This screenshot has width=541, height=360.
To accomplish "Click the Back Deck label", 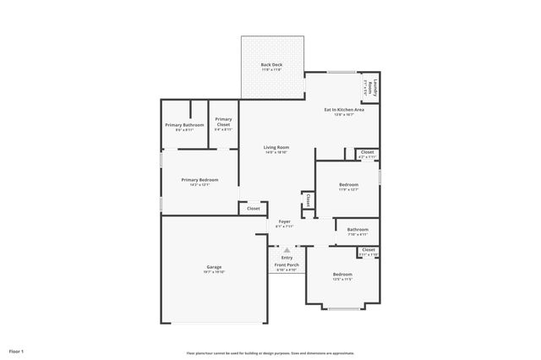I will click(x=271, y=65).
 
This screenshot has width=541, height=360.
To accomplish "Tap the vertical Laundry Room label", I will click(x=370, y=87).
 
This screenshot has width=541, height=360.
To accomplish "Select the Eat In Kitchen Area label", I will click(x=345, y=110).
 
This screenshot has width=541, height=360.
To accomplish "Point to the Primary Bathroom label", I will click(x=184, y=124).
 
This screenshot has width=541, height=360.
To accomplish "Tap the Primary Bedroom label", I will click(x=199, y=179).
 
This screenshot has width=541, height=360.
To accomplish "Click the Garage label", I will click(x=213, y=267).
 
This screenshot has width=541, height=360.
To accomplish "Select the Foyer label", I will click(x=284, y=221).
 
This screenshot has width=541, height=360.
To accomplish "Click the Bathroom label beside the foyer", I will click(x=358, y=229).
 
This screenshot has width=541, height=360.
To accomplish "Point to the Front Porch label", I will click(x=287, y=265).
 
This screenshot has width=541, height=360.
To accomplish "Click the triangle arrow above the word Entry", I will click(x=287, y=250).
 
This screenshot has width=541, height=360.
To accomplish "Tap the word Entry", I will click(x=287, y=258).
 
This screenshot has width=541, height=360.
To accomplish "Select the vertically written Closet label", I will click(x=309, y=200).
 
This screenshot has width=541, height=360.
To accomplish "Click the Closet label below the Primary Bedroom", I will click(x=254, y=208).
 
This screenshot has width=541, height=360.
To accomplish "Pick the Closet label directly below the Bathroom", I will click(x=368, y=250).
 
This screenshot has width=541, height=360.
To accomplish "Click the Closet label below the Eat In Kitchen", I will click(x=367, y=152).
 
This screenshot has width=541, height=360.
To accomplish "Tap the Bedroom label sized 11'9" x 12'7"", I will click(x=348, y=184).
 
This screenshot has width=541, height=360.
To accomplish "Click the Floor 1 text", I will click(x=17, y=350).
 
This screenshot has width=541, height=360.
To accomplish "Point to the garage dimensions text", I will click(x=213, y=272).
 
